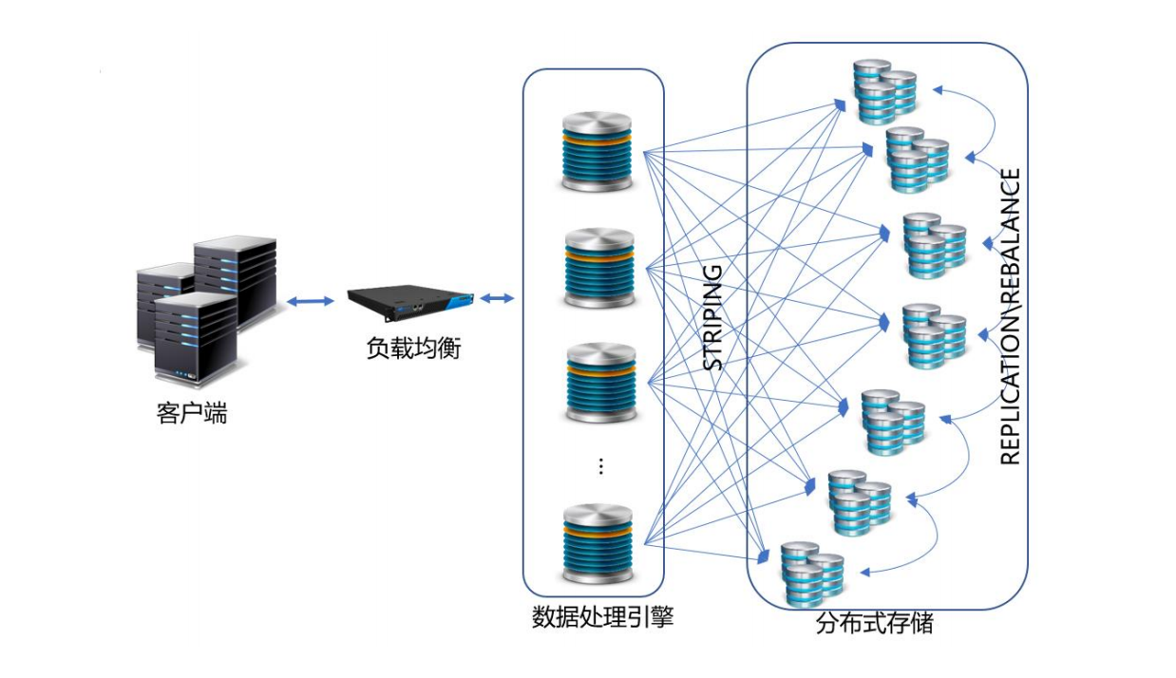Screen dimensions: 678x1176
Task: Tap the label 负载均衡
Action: [x=413, y=348]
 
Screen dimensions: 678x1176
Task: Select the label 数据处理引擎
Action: [x=602, y=618]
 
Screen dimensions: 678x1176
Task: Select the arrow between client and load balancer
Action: [x=312, y=301]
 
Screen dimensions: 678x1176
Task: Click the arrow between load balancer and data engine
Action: [x=497, y=299]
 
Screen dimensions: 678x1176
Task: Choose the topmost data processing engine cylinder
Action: [x=596, y=152]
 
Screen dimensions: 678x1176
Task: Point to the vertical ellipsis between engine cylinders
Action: [x=600, y=465]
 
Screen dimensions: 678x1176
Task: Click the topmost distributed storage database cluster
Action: [x=883, y=91]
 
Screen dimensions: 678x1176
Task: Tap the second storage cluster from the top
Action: [x=918, y=160]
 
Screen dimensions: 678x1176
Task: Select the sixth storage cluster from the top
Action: [x=859, y=500]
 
